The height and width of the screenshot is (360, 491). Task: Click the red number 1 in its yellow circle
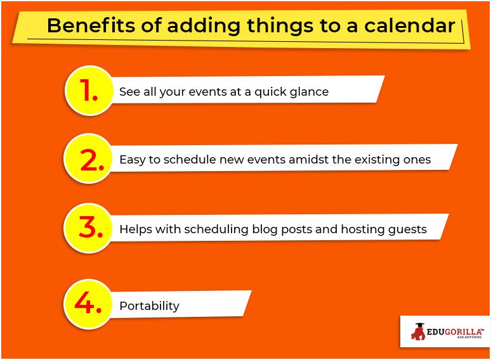88,90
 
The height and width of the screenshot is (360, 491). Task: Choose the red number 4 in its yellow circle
88,303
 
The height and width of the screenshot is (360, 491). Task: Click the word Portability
149,306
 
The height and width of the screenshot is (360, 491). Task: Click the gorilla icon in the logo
418,331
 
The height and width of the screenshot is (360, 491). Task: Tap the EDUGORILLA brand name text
455,331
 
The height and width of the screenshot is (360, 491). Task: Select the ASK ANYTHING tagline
469,337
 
